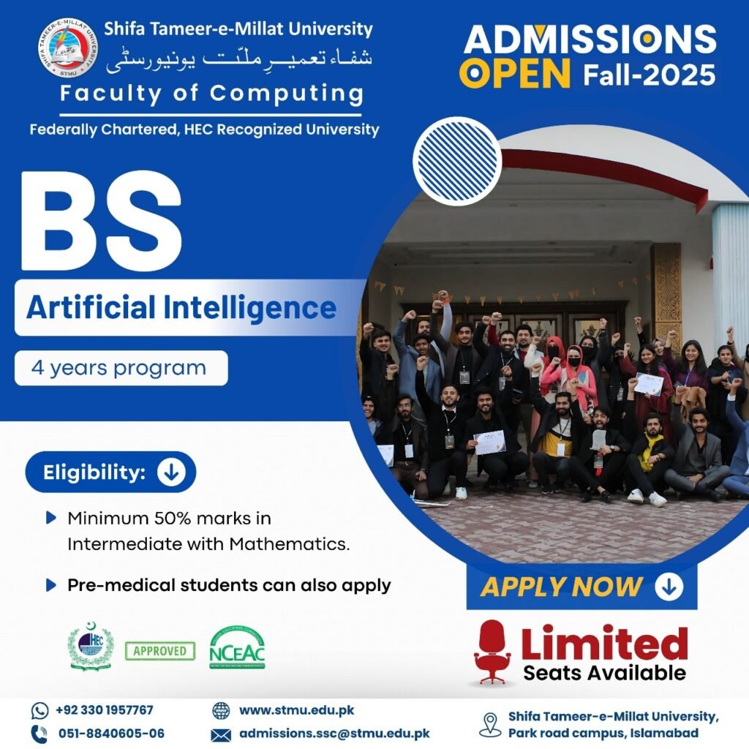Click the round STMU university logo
68,48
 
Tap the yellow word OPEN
514,74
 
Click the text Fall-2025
650,75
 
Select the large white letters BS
101,222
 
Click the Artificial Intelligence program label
181,308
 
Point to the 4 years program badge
121,368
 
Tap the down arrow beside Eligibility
171,472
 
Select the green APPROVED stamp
160,651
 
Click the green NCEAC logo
237,647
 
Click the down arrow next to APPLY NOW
669,587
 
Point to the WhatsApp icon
39,711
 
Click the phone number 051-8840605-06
111,733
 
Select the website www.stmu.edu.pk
297,710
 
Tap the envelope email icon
221,734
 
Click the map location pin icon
490,725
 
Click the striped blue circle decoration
457,162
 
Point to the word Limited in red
604,643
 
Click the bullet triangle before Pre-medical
50,585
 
